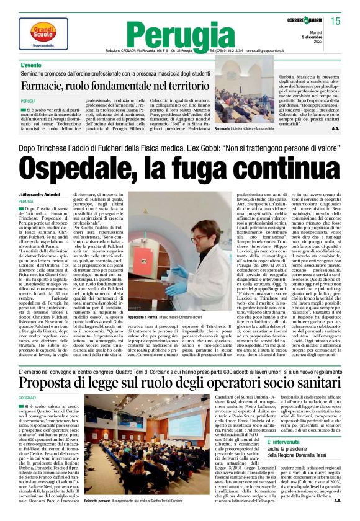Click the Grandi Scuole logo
(x=42, y=32)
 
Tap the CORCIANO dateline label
(x=27, y=397)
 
